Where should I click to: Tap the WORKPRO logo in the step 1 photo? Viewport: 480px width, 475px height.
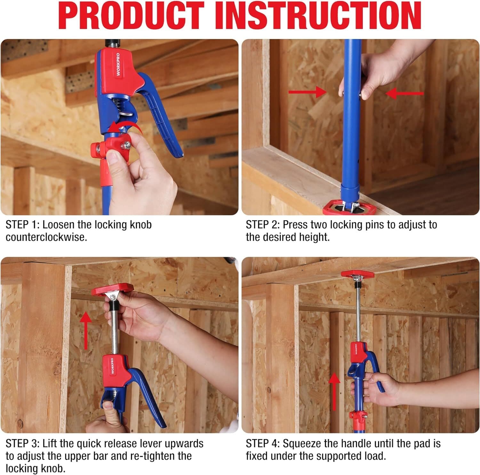coord(118,64)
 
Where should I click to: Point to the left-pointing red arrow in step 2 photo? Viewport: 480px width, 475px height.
coord(404,94)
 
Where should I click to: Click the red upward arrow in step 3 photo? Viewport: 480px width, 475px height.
coord(85,331)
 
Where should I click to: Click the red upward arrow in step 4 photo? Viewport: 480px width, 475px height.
coord(334,392)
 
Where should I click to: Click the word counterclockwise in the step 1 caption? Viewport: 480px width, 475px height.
coord(46,237)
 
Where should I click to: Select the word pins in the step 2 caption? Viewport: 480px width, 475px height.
coord(374,225)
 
